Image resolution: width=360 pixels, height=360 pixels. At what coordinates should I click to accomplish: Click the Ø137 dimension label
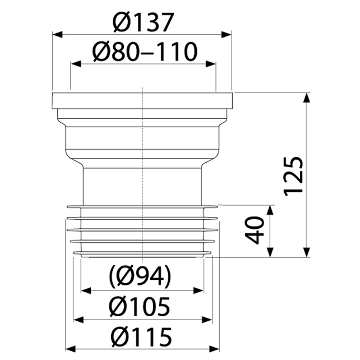[x=142, y=22]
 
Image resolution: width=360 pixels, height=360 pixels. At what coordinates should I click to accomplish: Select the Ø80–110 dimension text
[x=145, y=52]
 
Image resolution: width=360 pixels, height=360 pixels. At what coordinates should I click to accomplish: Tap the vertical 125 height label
[x=293, y=176]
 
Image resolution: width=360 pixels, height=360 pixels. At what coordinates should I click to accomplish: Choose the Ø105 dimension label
[x=140, y=307]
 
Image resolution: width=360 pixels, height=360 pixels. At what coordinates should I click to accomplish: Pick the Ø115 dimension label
[x=141, y=337]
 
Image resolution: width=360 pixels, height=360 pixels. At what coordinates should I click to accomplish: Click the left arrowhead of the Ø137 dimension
[x=57, y=35]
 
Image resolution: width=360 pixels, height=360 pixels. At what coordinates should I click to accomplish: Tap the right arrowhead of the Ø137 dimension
[x=227, y=35]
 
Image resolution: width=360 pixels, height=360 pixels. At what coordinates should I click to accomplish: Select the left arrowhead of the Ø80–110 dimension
[x=76, y=64]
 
